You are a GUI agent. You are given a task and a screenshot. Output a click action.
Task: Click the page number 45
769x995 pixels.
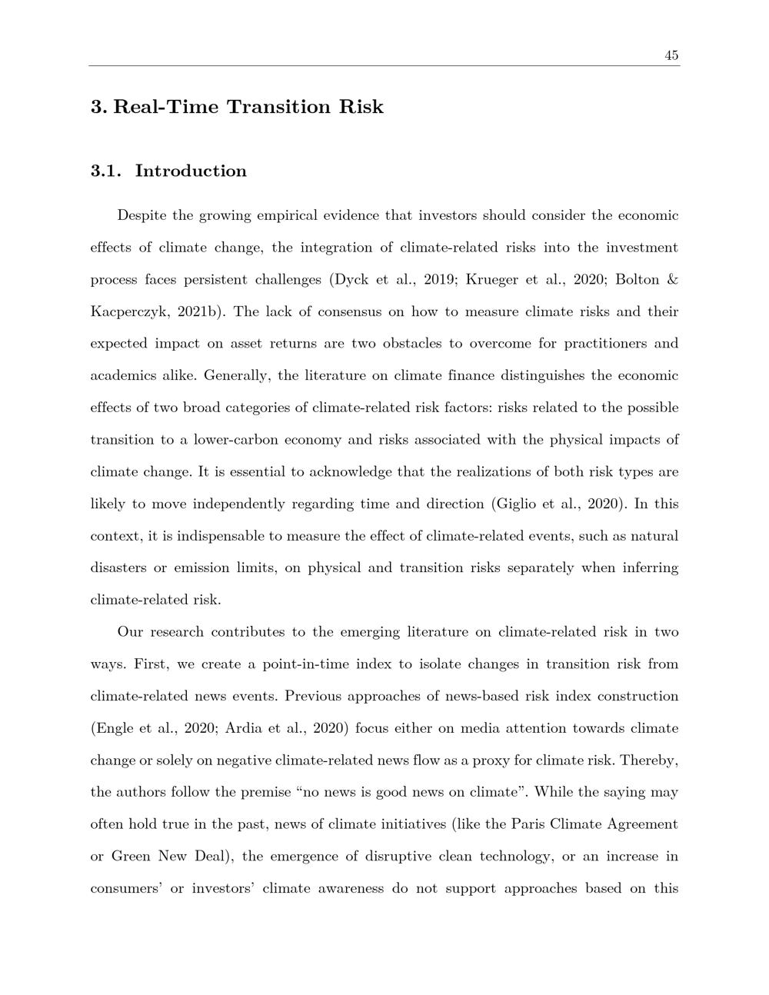point(671,55)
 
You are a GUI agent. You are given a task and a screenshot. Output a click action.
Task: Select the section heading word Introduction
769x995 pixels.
point(191,171)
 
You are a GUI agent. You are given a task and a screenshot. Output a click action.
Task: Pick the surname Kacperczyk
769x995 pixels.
point(124,312)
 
